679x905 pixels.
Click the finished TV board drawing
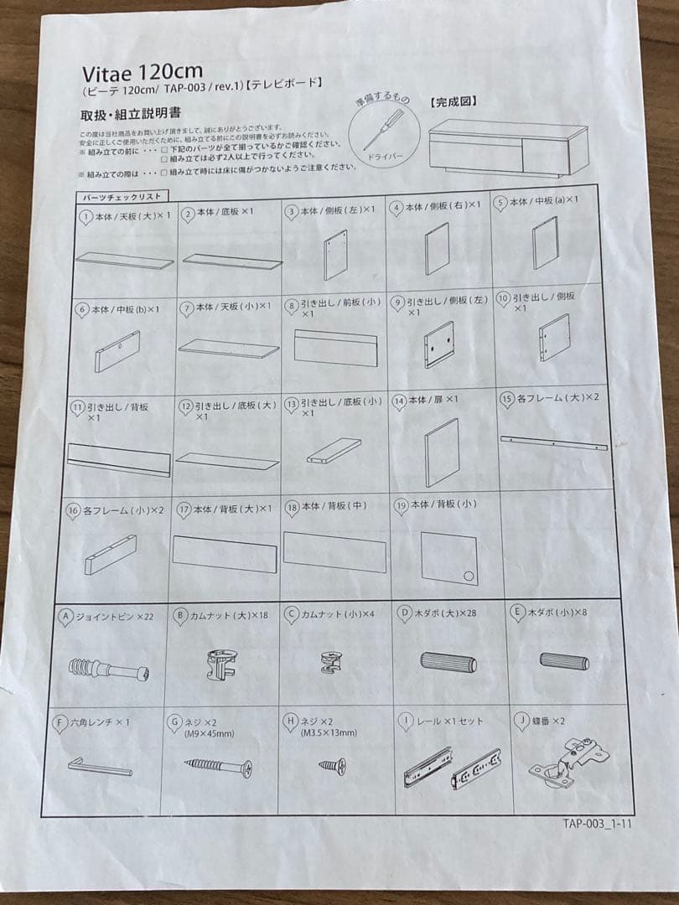[x=506, y=147]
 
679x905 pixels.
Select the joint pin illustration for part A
[x=108, y=670]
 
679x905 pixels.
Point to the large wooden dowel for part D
[x=448, y=662]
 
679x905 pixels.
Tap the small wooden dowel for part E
[x=563, y=660]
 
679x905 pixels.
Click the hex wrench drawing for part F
[x=100, y=766]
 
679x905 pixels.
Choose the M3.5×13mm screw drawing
[x=332, y=765]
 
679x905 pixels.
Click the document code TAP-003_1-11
[x=597, y=822]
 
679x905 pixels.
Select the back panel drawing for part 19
[x=449, y=557]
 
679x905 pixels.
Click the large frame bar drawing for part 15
[x=553, y=442]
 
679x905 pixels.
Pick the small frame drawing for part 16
[x=110, y=555]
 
